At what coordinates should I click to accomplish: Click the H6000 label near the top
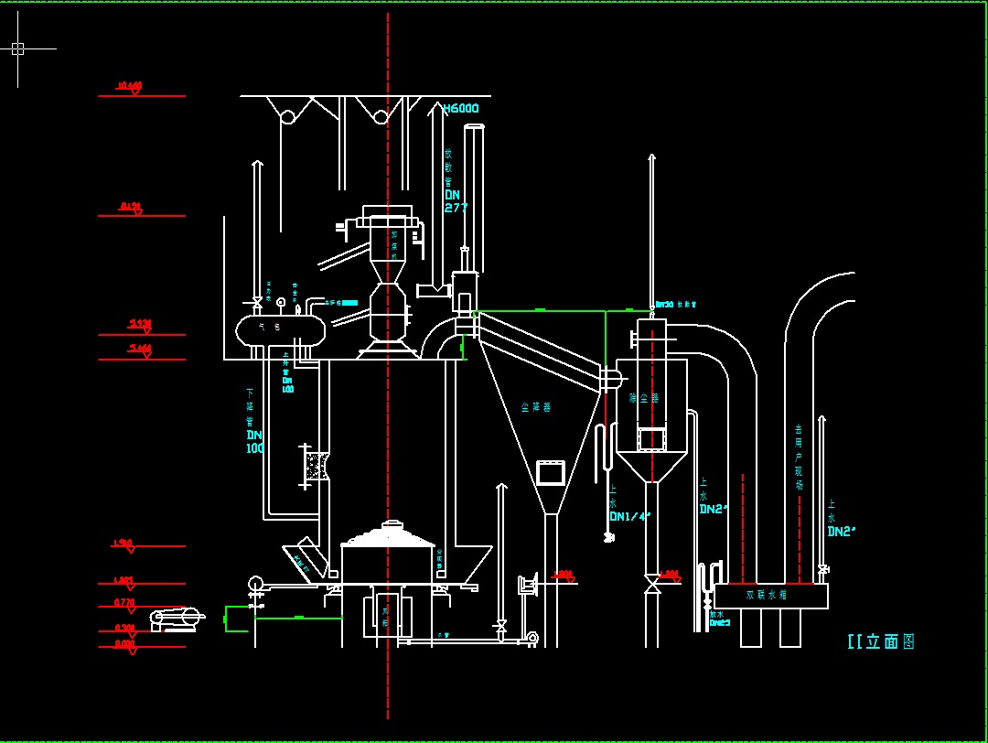(x=460, y=109)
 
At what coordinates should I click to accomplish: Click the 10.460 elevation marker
(x=129, y=87)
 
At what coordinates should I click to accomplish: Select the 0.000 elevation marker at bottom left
(x=125, y=643)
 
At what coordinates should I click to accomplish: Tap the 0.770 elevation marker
(x=125, y=602)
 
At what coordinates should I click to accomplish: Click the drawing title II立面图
(x=881, y=641)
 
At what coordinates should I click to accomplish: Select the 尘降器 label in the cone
(x=532, y=406)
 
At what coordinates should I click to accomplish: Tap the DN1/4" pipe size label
(x=629, y=516)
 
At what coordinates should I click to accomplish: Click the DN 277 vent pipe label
(x=456, y=200)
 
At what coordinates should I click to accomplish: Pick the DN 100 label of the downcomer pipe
(x=254, y=441)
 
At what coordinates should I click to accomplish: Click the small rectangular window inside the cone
(x=552, y=472)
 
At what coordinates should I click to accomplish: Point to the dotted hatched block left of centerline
(x=317, y=465)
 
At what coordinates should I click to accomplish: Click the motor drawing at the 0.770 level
(x=177, y=619)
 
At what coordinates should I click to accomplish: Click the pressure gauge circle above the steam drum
(x=281, y=302)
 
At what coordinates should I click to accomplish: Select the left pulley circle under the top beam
(x=287, y=116)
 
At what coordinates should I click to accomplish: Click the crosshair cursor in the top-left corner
(x=17, y=48)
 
